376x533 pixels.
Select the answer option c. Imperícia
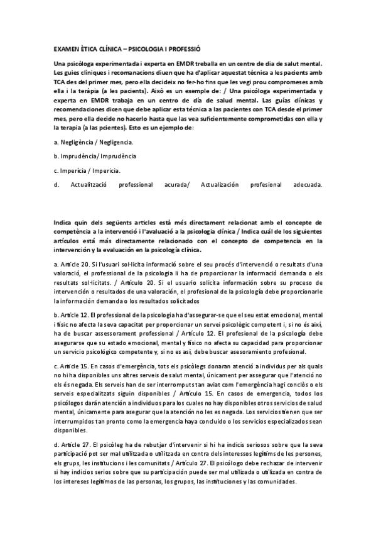87,170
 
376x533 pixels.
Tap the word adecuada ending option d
306,185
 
